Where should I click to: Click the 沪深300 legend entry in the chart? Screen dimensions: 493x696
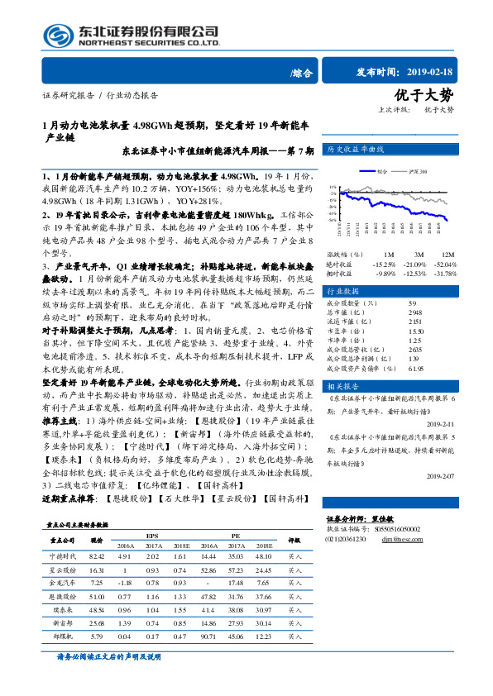417,172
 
